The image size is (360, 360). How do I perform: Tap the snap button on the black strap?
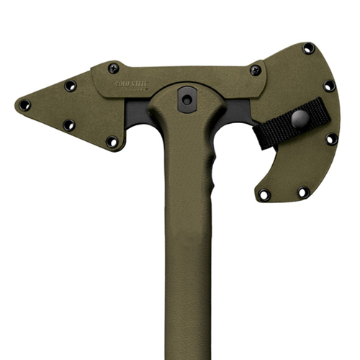click(300, 119)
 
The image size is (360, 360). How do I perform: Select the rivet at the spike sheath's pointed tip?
click(24, 105)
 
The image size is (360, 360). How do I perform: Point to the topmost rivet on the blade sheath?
click(308, 50)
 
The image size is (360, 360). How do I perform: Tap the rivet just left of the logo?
click(113, 68)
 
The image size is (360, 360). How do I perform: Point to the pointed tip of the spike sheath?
click(17, 103)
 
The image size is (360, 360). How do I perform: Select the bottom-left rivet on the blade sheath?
click(264, 194)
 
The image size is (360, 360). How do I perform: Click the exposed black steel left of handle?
click(138, 115)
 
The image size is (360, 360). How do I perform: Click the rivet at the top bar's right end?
click(255, 70)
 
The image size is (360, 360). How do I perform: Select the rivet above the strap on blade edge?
click(329, 86)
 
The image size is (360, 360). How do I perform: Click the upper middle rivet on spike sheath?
click(70, 86)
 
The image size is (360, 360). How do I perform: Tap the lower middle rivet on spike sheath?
click(68, 125)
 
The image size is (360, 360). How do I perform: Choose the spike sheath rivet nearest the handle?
click(112, 141)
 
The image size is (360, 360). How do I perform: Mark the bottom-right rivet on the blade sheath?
click(303, 192)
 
